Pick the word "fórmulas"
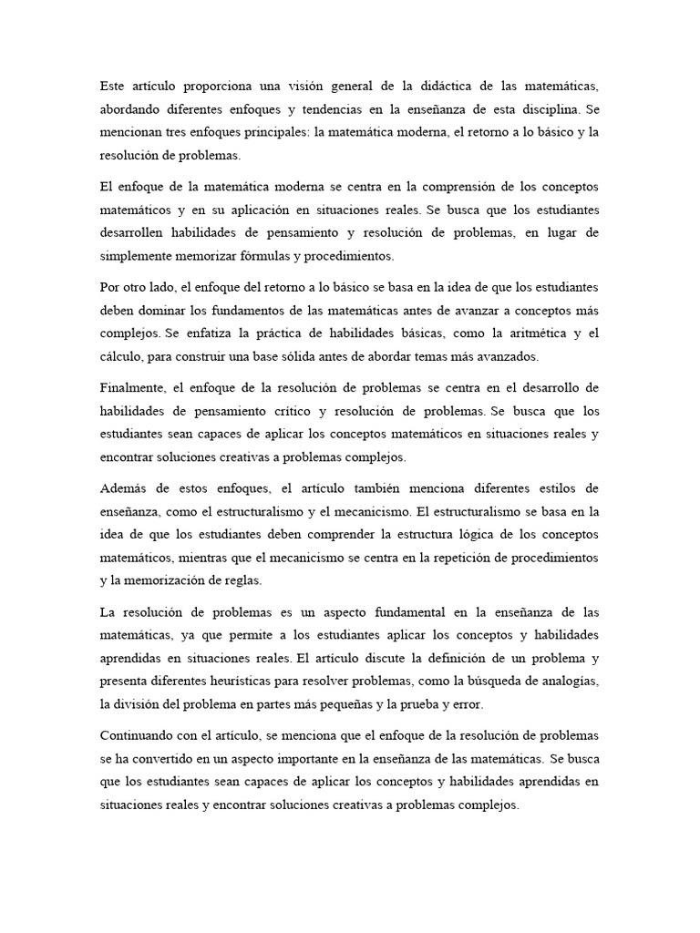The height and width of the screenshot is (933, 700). pos(296,255)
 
